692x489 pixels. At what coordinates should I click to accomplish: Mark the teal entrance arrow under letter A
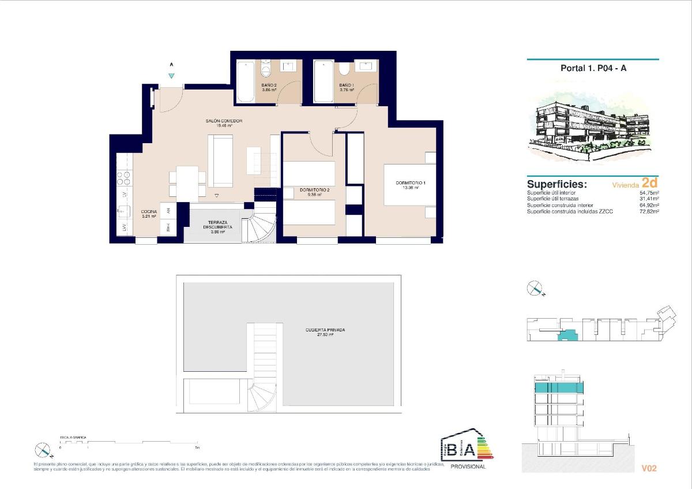[171, 76]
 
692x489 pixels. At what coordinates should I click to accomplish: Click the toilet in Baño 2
[266, 70]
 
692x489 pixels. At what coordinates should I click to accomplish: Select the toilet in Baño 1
[344, 70]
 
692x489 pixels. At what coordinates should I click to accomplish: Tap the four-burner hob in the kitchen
[124, 178]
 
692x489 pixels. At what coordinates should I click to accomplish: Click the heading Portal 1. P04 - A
[593, 68]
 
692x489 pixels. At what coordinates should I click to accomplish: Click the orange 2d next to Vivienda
[650, 183]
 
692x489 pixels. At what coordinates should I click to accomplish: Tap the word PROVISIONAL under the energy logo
[468, 466]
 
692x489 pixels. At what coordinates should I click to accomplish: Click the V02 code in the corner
[649, 468]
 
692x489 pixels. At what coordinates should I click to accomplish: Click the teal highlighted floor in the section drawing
[558, 388]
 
